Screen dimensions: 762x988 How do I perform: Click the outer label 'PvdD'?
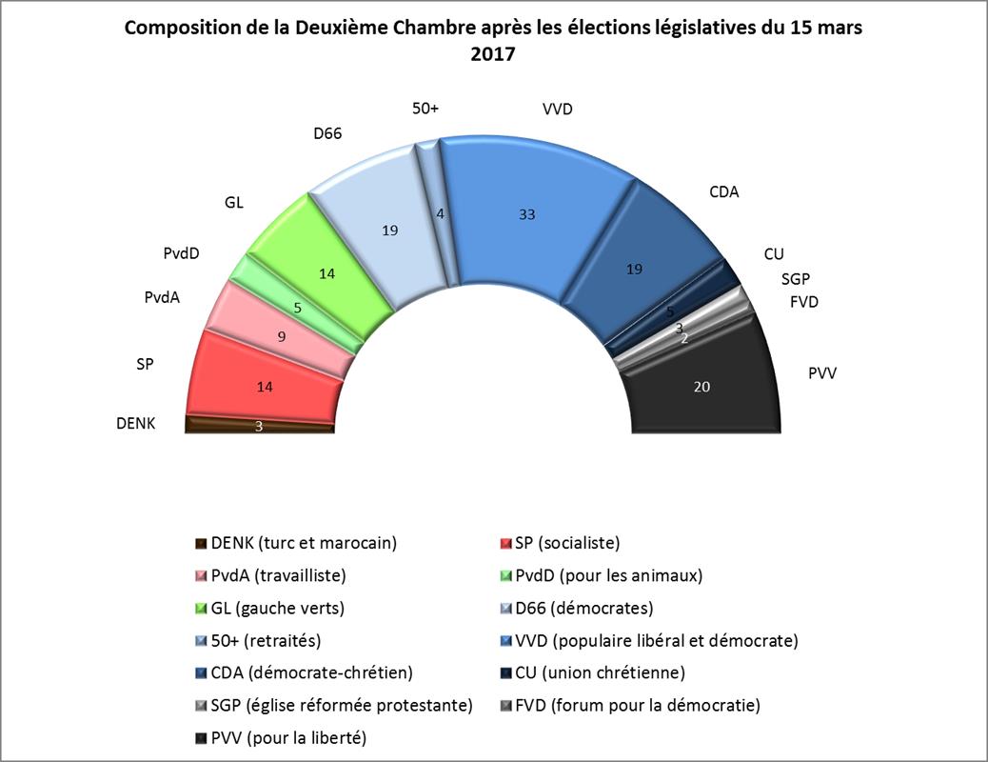[x=187, y=254]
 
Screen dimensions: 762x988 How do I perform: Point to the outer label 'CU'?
[x=774, y=254]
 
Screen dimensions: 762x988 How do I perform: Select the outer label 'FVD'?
[x=803, y=303]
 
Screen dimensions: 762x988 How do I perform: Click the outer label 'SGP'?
[x=796, y=280]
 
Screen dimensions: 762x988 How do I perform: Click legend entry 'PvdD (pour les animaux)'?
[x=608, y=575]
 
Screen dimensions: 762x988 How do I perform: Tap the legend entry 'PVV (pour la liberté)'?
[x=288, y=737]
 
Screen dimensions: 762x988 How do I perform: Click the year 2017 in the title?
[x=493, y=54]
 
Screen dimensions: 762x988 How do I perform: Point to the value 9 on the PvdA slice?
[x=282, y=336]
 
